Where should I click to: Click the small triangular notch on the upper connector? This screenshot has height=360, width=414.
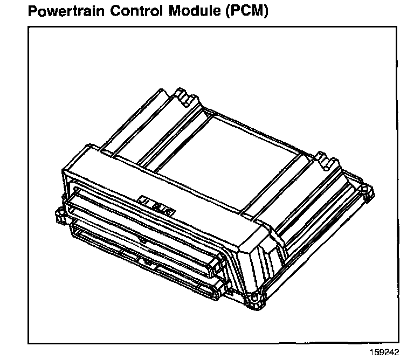tap(142, 237)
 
